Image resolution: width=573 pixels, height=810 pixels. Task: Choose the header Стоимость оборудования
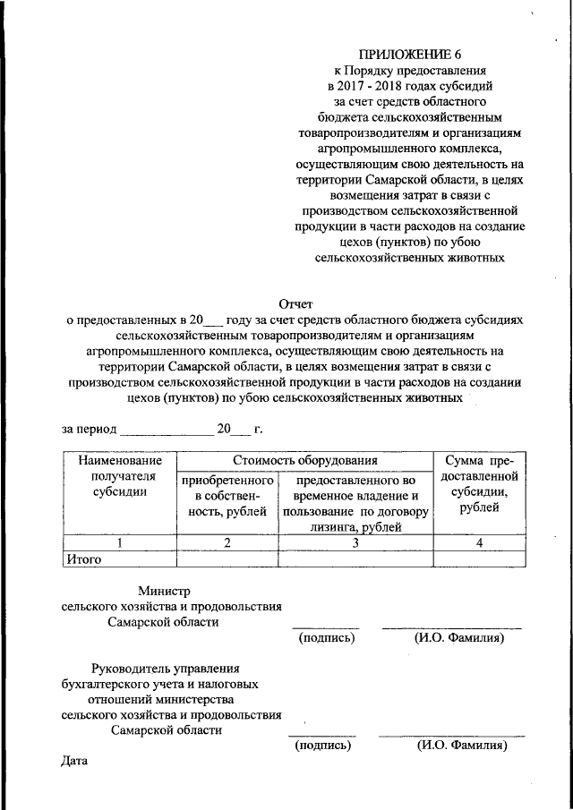click(x=305, y=459)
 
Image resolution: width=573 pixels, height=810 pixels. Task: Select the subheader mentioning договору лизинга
click(x=355, y=503)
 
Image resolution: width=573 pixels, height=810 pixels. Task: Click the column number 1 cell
click(x=119, y=542)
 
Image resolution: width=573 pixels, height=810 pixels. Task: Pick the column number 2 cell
click(x=227, y=542)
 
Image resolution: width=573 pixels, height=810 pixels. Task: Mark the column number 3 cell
click(x=355, y=542)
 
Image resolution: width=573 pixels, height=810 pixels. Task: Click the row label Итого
click(x=84, y=559)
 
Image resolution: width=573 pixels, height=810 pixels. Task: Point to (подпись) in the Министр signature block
click(x=326, y=638)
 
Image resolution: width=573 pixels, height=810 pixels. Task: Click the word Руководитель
click(x=133, y=668)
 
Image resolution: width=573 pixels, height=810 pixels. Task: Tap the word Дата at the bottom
click(x=75, y=762)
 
